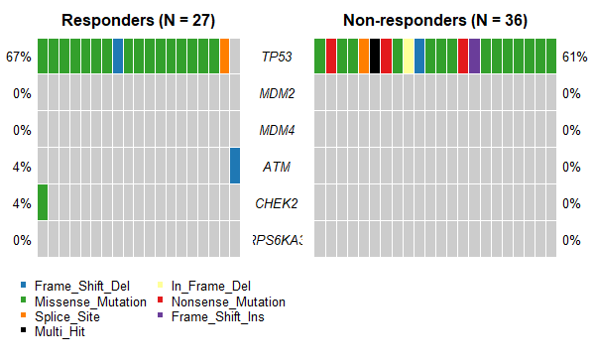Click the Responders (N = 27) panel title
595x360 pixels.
click(x=139, y=20)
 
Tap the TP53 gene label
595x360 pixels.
click(x=277, y=57)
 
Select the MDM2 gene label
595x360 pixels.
click(x=277, y=93)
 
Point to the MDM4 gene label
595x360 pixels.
click(x=277, y=130)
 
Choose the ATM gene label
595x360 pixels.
click(x=277, y=167)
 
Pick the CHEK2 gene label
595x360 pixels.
click(x=277, y=203)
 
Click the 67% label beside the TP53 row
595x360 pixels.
click(x=19, y=57)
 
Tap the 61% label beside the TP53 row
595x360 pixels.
click(x=572, y=57)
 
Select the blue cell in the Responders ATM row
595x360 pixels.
click(x=235, y=166)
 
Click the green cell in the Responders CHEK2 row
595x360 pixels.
click(x=43, y=202)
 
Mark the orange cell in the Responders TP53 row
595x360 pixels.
click(x=225, y=56)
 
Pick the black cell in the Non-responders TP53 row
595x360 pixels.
click(x=375, y=56)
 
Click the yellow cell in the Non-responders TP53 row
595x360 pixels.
click(x=409, y=56)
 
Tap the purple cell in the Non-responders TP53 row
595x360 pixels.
click(x=475, y=56)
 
